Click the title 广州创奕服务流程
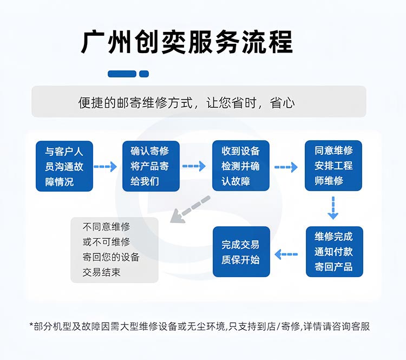[187, 42]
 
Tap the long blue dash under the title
[122, 74]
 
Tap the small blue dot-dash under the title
[144, 74]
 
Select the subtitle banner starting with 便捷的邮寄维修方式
[199, 102]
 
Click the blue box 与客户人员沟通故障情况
[64, 166]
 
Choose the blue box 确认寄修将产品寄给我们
[150, 166]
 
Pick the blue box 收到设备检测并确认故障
[240, 166]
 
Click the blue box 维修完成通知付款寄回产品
[334, 252]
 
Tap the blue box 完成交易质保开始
[240, 252]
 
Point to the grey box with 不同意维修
[114, 250]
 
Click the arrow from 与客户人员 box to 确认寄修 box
[106, 167]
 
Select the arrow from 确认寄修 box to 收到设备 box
[194, 167]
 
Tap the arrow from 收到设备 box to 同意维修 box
[286, 167]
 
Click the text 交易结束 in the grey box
[101, 272]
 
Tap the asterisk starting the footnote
[31, 326]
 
